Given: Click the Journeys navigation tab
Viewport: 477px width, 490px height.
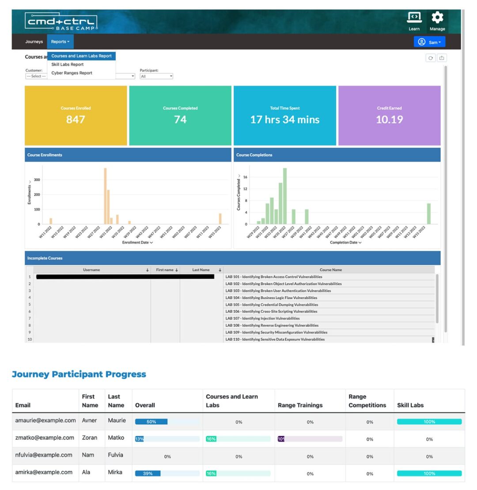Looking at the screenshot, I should point(34,41).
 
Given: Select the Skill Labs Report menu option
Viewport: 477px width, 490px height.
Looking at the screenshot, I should point(67,64).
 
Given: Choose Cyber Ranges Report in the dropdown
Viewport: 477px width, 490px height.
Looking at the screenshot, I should point(72,73).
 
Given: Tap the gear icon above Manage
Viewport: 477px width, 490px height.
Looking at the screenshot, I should point(437,18).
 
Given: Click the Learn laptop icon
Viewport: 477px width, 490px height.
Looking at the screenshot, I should point(414,18).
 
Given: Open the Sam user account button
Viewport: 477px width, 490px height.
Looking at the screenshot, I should point(429,42).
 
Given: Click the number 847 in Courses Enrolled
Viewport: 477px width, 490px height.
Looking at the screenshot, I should point(76,119).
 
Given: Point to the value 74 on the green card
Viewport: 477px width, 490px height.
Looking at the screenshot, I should point(180,119).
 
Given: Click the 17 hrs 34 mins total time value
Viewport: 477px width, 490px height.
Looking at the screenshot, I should point(284,119).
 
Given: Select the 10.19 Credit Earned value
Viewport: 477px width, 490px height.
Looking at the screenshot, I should point(389,119).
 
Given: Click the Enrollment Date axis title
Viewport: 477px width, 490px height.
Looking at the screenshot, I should point(137,242).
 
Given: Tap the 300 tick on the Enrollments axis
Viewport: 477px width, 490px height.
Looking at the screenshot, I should point(37,180).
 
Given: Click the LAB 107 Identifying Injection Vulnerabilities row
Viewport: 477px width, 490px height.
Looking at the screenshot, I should point(262,318).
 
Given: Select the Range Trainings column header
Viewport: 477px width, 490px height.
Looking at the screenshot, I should point(300,405).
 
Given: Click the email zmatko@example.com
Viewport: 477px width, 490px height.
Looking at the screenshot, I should point(45,437).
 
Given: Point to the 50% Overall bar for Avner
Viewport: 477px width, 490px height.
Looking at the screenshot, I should point(151,422).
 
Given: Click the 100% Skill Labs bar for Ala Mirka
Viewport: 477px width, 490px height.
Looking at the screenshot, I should point(429,473).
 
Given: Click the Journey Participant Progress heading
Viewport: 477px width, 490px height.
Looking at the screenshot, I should point(79,374).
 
